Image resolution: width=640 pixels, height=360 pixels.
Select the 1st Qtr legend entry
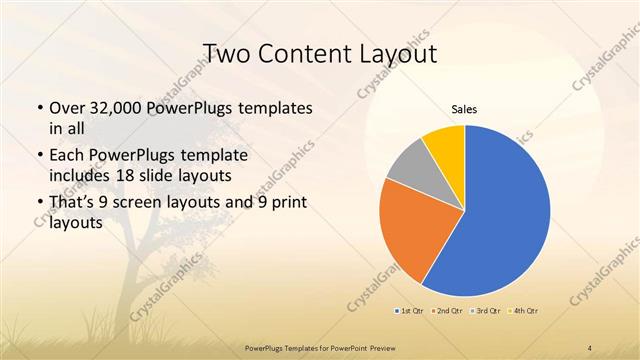410,311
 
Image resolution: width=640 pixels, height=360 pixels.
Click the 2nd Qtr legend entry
448,311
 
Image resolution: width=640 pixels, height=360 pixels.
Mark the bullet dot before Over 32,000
39,108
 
